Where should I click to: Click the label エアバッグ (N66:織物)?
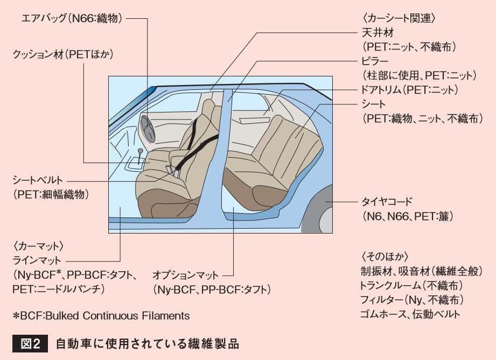pos(72,18)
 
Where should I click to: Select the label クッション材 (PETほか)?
pos(64,54)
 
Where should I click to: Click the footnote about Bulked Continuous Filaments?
pos(101,316)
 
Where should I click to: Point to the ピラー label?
pos(377,61)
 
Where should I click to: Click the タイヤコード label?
pos(387,202)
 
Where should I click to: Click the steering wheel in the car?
pos(147,129)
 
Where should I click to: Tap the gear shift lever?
pos(141,156)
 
